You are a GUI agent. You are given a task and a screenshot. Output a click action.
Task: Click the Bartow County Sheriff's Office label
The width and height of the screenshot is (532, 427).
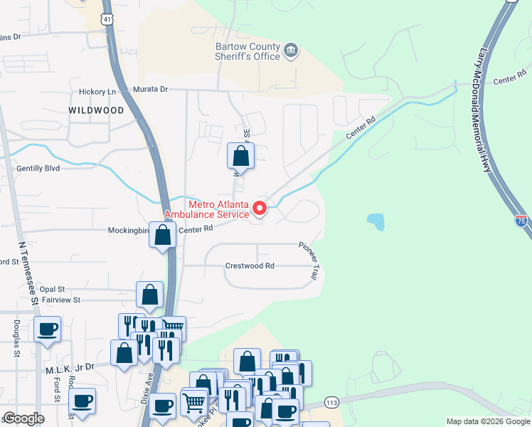tap(247, 52)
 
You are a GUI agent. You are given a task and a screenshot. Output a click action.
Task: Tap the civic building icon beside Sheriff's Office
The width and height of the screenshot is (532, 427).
tap(290, 51)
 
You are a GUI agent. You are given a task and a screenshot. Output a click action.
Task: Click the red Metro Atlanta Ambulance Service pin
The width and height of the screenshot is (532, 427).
tap(260, 209)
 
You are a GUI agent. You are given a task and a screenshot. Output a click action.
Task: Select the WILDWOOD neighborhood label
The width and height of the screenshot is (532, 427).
tap(96, 110)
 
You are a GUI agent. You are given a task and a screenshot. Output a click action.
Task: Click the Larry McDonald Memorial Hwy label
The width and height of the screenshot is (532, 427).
tap(486, 110)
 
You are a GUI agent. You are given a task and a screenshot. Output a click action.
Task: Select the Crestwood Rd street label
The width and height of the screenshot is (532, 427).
tap(250, 265)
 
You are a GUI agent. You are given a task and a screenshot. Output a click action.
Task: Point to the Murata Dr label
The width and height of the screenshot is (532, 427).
tap(150, 90)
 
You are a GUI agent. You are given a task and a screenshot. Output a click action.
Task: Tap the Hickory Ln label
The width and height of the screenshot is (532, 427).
tap(97, 91)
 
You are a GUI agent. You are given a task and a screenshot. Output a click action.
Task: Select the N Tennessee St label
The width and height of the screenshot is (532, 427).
tap(28, 273)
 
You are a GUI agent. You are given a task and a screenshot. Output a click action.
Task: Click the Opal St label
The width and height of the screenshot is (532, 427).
tap(52, 289)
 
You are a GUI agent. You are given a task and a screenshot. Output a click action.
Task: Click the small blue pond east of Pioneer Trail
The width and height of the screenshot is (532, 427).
tap(376, 222)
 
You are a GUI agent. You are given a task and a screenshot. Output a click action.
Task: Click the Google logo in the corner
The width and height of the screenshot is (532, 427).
tap(23, 419)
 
